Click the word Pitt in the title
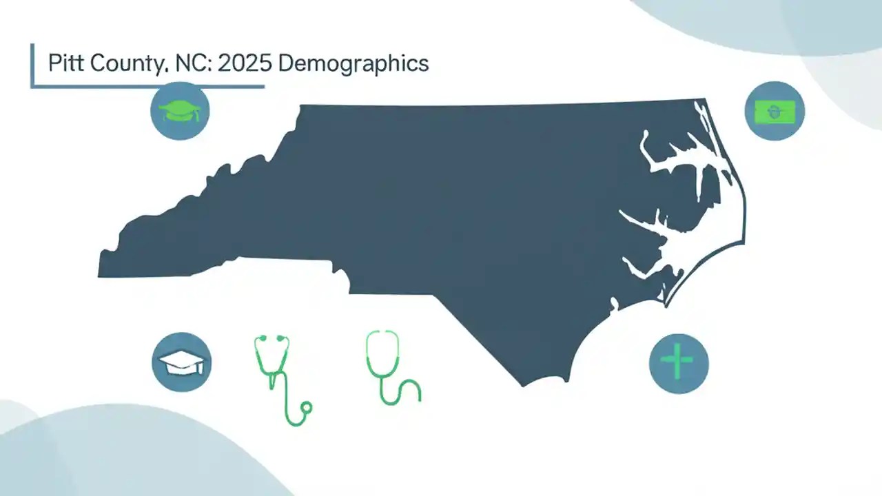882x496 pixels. coord(63,63)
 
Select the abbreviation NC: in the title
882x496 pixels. coord(196,63)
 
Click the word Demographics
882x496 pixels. coord(353,63)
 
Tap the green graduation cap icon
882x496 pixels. coord(180,111)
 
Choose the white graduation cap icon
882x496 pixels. coord(181,362)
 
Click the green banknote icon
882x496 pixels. coord(775,111)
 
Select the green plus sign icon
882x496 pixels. coord(679,363)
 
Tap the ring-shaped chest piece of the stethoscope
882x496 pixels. coord(307,408)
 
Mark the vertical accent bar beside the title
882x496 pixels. coord(32,65)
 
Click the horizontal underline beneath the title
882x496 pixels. coord(148,87)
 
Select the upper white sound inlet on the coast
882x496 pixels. coord(682,165)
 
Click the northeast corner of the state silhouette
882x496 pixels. coord(703,101)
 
